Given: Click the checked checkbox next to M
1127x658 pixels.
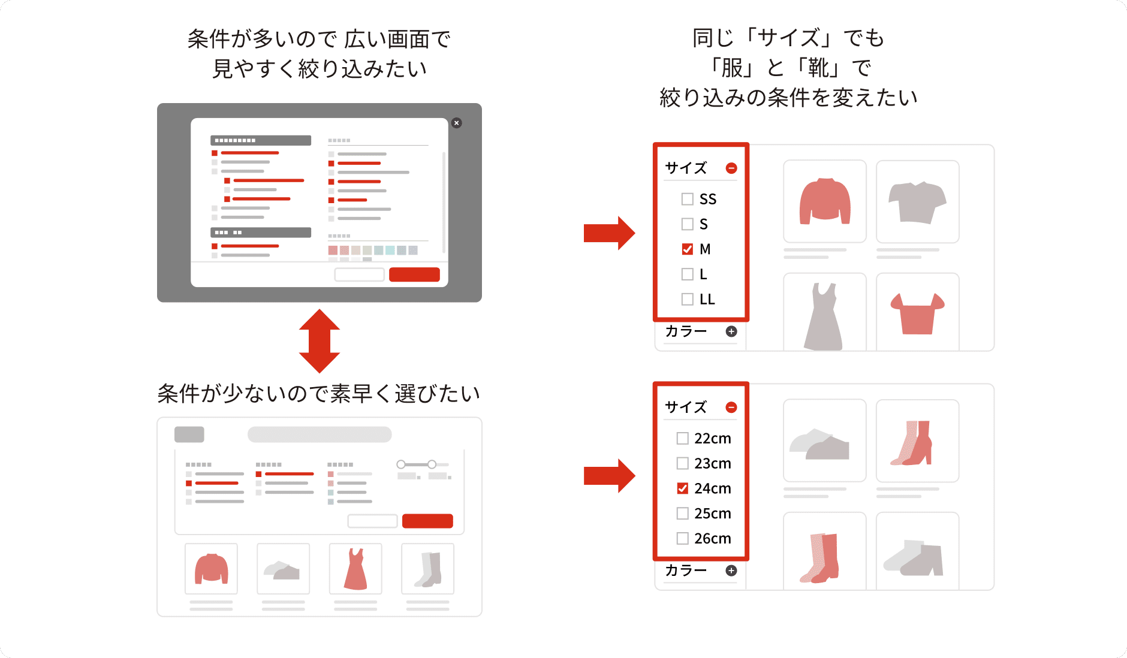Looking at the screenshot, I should tap(687, 249).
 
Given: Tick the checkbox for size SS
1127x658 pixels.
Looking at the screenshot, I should tap(687, 199).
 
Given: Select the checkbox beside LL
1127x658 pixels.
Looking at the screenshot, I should tap(687, 299).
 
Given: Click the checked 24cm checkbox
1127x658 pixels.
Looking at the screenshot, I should tap(682, 488).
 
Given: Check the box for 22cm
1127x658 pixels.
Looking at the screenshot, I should tap(682, 439).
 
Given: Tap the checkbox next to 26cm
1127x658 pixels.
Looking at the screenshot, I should tap(682, 539).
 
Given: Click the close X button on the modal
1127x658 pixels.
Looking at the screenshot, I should tap(457, 123).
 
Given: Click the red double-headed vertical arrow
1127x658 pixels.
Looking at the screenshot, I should tap(320, 341).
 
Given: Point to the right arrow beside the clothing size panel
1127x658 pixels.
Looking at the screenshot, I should tap(608, 233).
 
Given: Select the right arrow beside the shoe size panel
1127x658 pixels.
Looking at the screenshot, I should tap(608, 476).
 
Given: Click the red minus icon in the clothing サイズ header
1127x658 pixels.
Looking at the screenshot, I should tap(731, 168).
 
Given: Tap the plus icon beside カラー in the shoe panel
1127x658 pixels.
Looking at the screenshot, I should tap(731, 571).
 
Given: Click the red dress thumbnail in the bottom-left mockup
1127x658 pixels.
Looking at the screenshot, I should tap(355, 569).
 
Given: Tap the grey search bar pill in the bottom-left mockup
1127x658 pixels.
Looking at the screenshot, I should tap(320, 434).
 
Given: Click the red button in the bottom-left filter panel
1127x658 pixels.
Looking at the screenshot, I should tap(427, 521).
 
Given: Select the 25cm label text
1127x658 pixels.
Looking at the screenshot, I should tap(713, 514).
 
